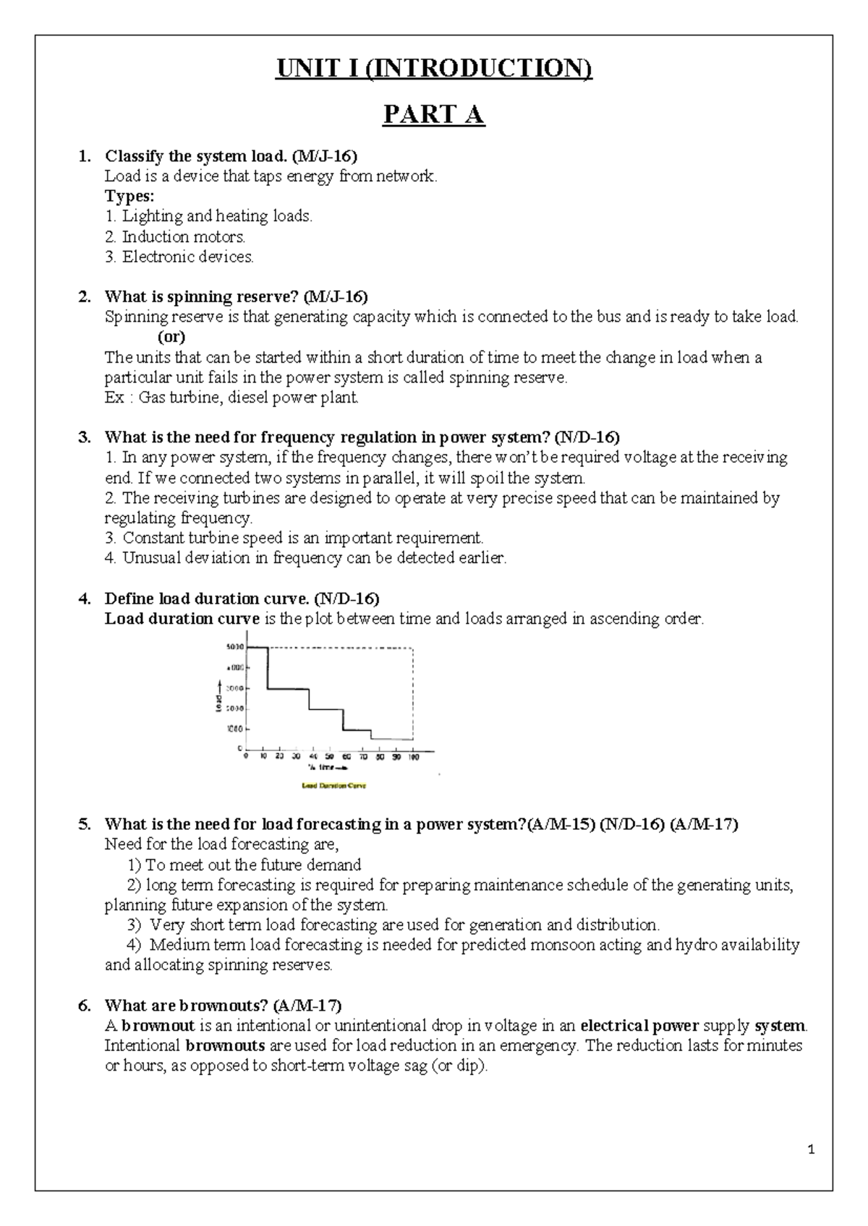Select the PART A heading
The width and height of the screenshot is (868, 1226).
(x=433, y=115)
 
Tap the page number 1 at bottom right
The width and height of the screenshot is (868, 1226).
(x=812, y=1150)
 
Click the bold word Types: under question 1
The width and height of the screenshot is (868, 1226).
(x=129, y=196)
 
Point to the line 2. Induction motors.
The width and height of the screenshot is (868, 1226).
(x=175, y=236)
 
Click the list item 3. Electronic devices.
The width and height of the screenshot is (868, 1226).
(x=179, y=257)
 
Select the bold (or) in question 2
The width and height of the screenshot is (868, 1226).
(x=171, y=337)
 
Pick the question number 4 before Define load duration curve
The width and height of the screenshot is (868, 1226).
(x=85, y=599)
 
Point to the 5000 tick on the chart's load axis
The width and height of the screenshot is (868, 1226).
(x=235, y=647)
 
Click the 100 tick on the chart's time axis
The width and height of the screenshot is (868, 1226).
(x=413, y=757)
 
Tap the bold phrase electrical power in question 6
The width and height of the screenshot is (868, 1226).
(x=639, y=1026)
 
